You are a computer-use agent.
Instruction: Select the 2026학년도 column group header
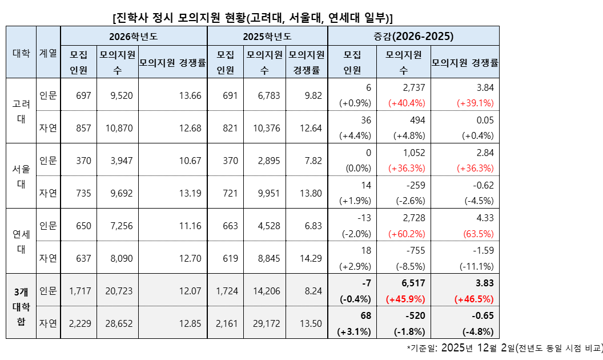point(134,36)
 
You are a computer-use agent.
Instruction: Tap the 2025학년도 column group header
point(267,36)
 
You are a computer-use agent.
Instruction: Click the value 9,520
point(121,95)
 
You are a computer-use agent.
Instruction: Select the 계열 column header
point(48,53)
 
